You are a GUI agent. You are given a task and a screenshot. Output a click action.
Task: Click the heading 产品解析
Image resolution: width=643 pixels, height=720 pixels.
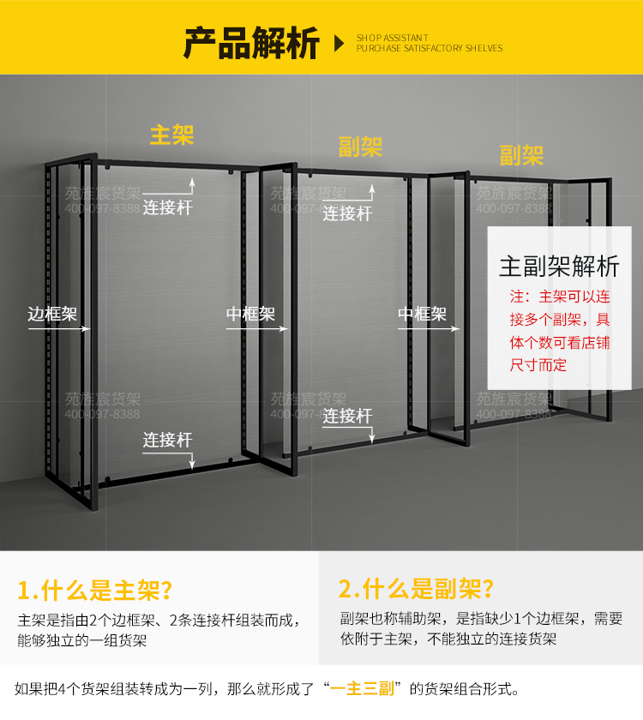[251, 43]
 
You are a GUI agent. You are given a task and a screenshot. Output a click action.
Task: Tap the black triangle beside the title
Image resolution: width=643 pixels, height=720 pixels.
[339, 44]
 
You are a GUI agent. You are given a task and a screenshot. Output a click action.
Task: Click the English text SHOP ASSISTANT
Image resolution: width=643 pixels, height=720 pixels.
[392, 38]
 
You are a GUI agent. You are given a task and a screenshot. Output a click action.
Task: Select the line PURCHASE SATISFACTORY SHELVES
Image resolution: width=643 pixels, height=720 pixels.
[430, 49]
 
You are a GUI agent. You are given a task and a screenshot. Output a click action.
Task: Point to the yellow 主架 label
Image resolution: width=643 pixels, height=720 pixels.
[171, 135]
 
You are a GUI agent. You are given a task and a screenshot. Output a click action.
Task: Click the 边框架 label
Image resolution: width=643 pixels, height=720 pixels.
[51, 314]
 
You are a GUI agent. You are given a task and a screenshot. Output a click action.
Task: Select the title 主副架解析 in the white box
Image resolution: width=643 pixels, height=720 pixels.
[559, 266]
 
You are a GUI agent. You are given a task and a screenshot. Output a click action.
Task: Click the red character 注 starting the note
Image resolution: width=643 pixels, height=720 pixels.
[516, 297]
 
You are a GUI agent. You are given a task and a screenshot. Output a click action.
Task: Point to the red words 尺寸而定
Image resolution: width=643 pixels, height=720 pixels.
[538, 365]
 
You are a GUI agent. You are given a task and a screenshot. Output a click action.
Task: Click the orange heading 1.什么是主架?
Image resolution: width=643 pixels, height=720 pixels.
[95, 590]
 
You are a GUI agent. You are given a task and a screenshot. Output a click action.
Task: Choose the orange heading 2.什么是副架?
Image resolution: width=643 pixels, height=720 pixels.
[416, 589]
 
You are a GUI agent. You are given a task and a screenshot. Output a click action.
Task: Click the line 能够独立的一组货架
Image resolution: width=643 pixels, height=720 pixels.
[81, 640]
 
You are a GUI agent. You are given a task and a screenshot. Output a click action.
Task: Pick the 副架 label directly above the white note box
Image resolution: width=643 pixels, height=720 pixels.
[521, 155]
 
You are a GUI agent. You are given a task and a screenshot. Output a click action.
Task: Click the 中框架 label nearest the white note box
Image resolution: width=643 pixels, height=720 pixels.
[422, 314]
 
